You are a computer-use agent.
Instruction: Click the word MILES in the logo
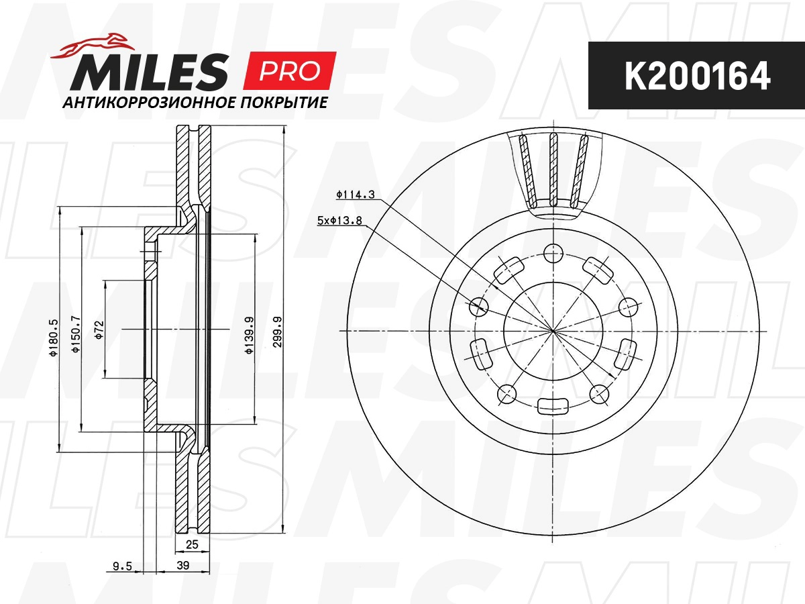tap(150, 72)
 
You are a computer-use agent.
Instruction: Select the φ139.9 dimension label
tap(249, 330)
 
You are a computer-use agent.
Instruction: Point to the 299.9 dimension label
tap(277, 330)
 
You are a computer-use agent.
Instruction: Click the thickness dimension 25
tap(193, 544)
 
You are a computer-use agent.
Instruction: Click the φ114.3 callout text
tap(355, 195)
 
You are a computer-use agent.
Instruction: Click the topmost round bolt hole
tap(553, 254)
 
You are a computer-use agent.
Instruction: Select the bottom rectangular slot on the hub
tap(553, 405)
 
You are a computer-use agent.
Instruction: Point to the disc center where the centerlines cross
tap(553, 330)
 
